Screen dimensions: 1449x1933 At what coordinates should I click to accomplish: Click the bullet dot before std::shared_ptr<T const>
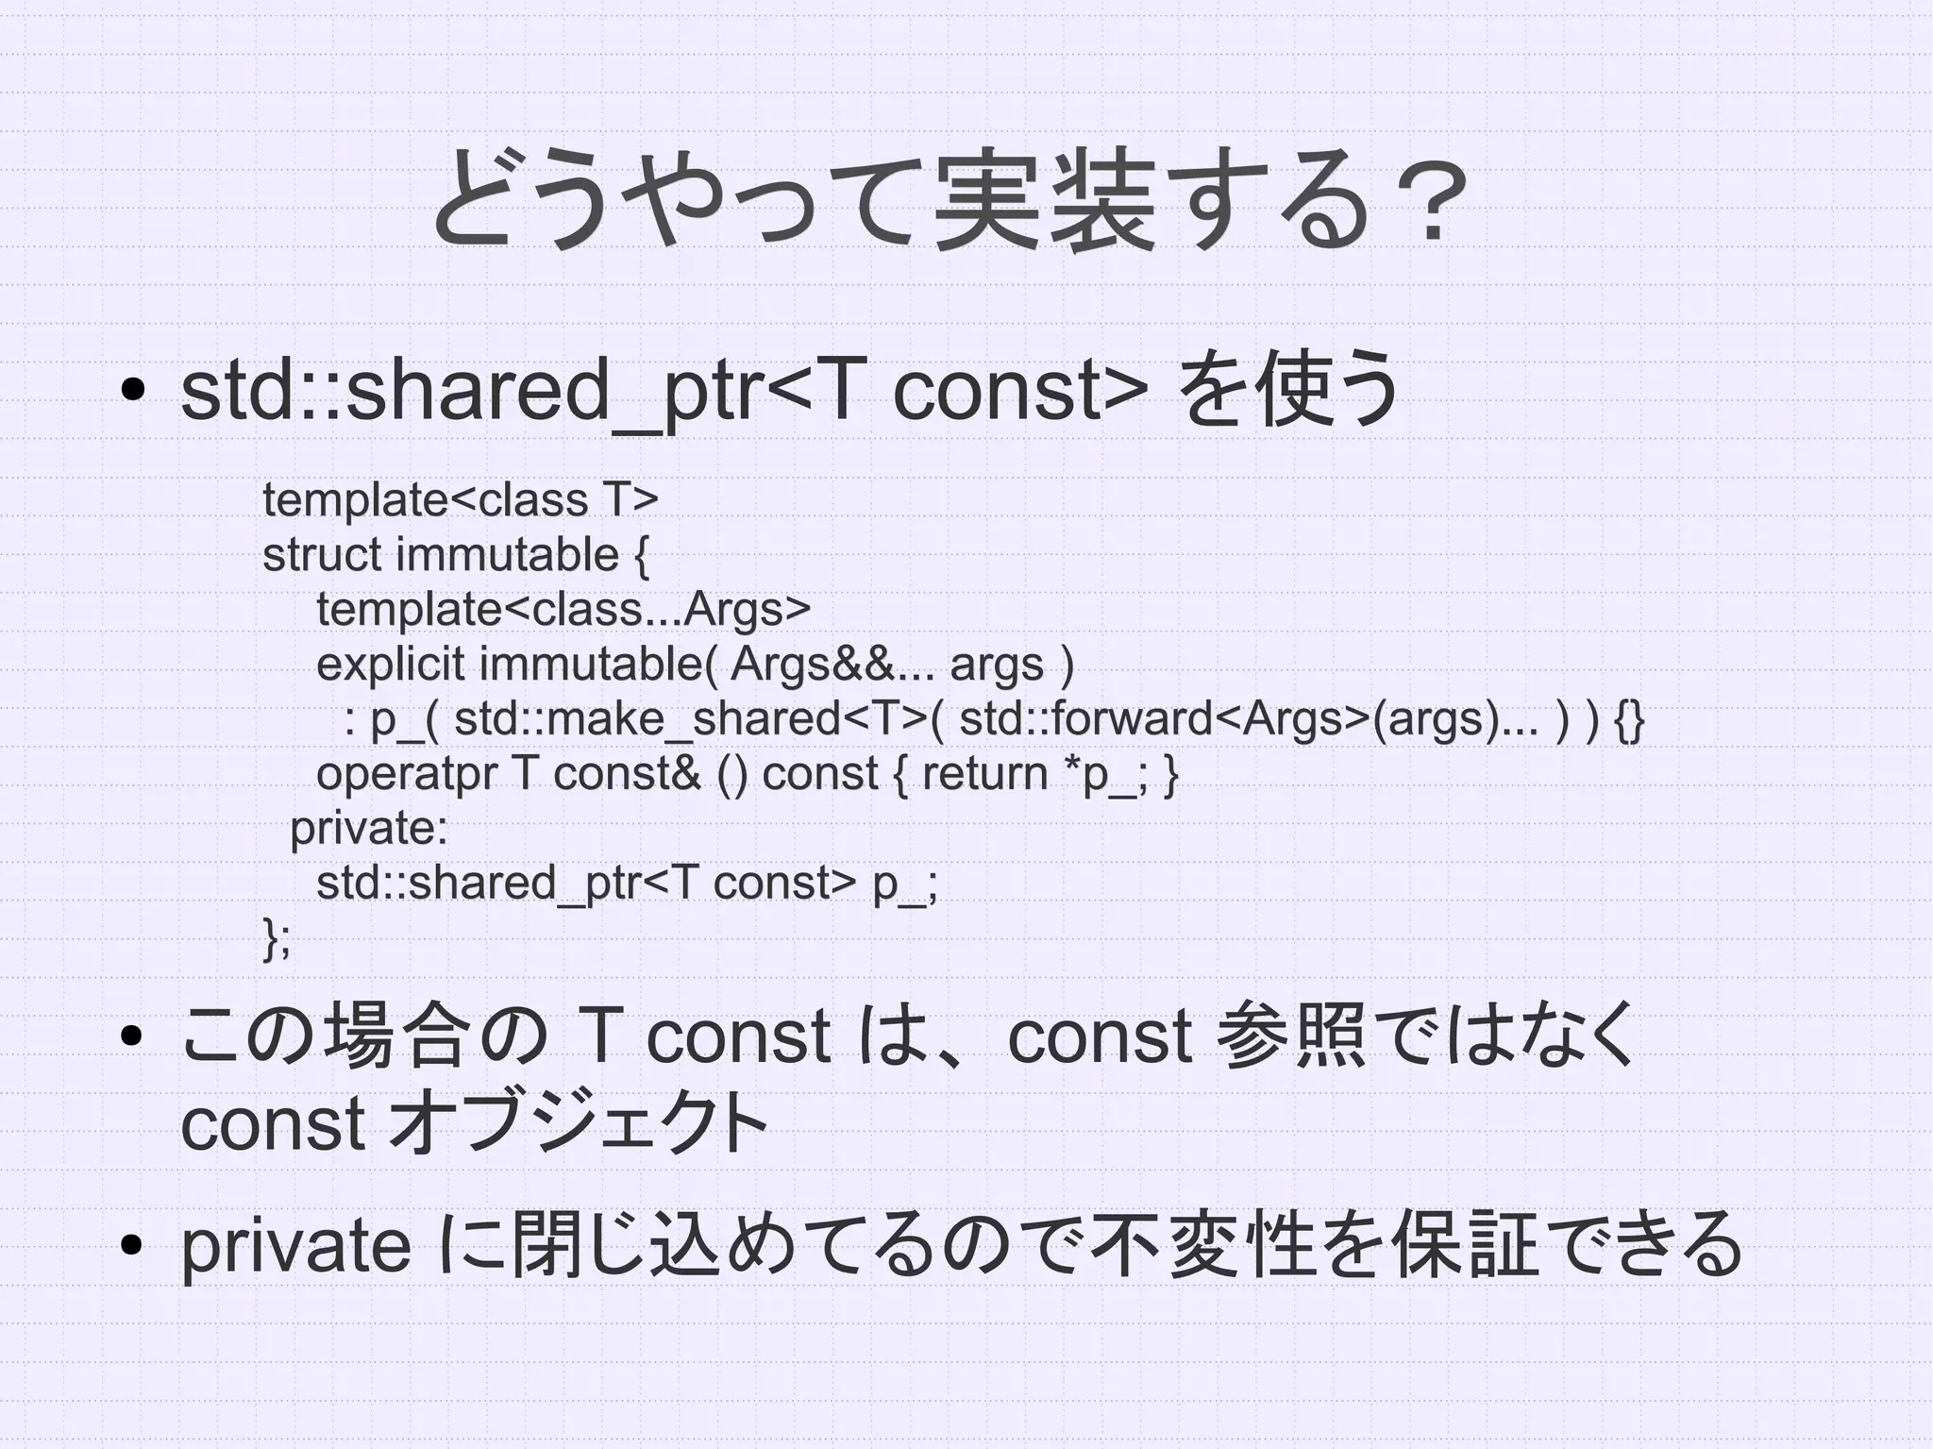[x=131, y=390]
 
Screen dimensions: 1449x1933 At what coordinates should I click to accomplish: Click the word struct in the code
[x=321, y=554]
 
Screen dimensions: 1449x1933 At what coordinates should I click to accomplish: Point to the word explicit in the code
[x=390, y=664]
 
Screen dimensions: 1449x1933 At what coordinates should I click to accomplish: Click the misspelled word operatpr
[x=407, y=774]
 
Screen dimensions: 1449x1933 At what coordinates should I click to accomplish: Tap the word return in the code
[x=984, y=774]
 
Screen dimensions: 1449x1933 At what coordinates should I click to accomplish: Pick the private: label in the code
[x=368, y=829]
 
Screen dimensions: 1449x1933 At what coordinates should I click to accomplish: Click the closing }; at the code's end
[x=277, y=938]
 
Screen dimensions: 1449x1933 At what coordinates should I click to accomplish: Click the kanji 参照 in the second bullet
[x=1291, y=1036]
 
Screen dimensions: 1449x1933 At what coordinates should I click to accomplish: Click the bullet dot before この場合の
[x=131, y=1036]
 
